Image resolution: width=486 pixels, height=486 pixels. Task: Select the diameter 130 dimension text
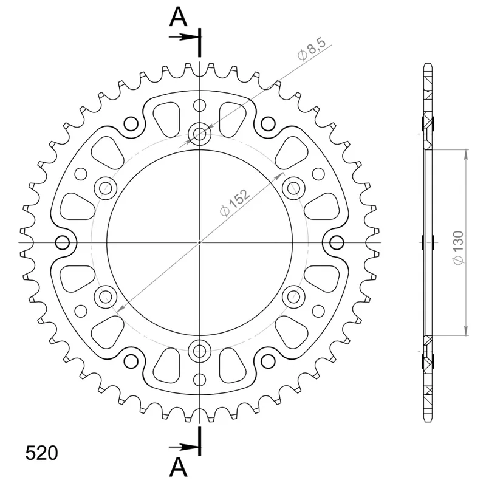458,248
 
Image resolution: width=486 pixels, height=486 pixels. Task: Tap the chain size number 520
41,453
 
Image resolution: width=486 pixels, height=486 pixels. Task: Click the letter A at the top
178,17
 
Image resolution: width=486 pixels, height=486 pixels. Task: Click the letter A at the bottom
178,467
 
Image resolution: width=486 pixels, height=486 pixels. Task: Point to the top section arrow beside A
183,37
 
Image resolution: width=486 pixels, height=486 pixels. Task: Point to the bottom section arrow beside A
183,447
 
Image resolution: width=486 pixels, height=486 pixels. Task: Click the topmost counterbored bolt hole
200,134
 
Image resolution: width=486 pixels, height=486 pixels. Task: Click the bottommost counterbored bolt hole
200,351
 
